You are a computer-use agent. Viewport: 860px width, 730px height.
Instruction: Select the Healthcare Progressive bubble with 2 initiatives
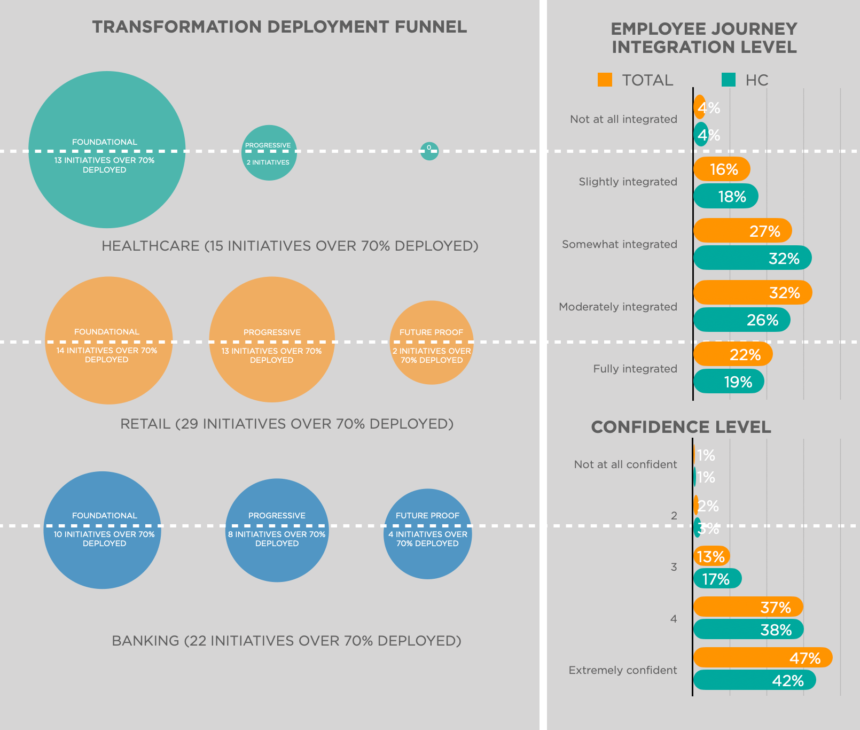[x=269, y=153]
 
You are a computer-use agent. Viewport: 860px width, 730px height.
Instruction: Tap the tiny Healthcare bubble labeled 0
[x=429, y=151]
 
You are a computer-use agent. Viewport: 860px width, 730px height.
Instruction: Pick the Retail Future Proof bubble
[x=432, y=343]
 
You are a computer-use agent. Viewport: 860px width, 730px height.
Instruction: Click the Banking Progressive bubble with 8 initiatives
[x=277, y=530]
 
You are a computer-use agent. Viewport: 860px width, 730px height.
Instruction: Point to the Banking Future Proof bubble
[x=427, y=533]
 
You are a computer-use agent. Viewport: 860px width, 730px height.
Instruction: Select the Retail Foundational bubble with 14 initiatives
[x=108, y=340]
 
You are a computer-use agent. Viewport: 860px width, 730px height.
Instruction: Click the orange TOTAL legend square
[x=605, y=80]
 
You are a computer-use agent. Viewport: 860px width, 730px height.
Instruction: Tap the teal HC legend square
[x=728, y=80]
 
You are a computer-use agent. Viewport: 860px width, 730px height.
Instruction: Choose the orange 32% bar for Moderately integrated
[x=752, y=292]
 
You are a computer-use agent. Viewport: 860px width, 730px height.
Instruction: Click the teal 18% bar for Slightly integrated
[x=725, y=196]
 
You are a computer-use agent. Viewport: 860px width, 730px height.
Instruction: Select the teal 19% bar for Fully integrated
[x=729, y=382]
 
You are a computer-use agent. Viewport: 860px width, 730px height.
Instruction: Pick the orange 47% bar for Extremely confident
[x=762, y=657]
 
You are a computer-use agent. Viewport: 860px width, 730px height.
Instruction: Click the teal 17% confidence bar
[x=717, y=579]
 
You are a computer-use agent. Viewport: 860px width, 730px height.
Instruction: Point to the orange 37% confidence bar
[x=748, y=607]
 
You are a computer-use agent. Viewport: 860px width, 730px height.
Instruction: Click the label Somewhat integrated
[x=619, y=244]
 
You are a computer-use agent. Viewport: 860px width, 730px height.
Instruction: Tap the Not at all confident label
[x=625, y=464]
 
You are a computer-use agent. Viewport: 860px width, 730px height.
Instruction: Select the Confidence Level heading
[x=681, y=427]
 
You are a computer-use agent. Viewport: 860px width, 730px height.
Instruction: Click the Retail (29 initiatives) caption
[x=286, y=424]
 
